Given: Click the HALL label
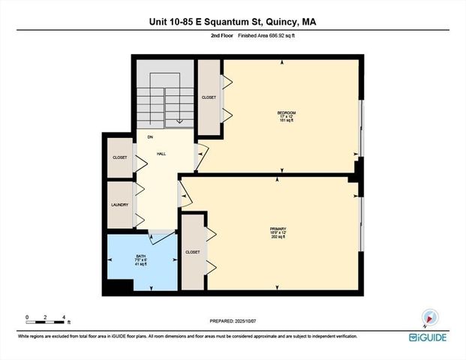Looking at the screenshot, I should [x=161, y=153].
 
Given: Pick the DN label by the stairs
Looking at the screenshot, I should [x=150, y=137].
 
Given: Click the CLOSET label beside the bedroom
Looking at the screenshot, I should [x=208, y=97].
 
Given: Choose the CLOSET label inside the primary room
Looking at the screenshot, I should [x=193, y=252].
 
